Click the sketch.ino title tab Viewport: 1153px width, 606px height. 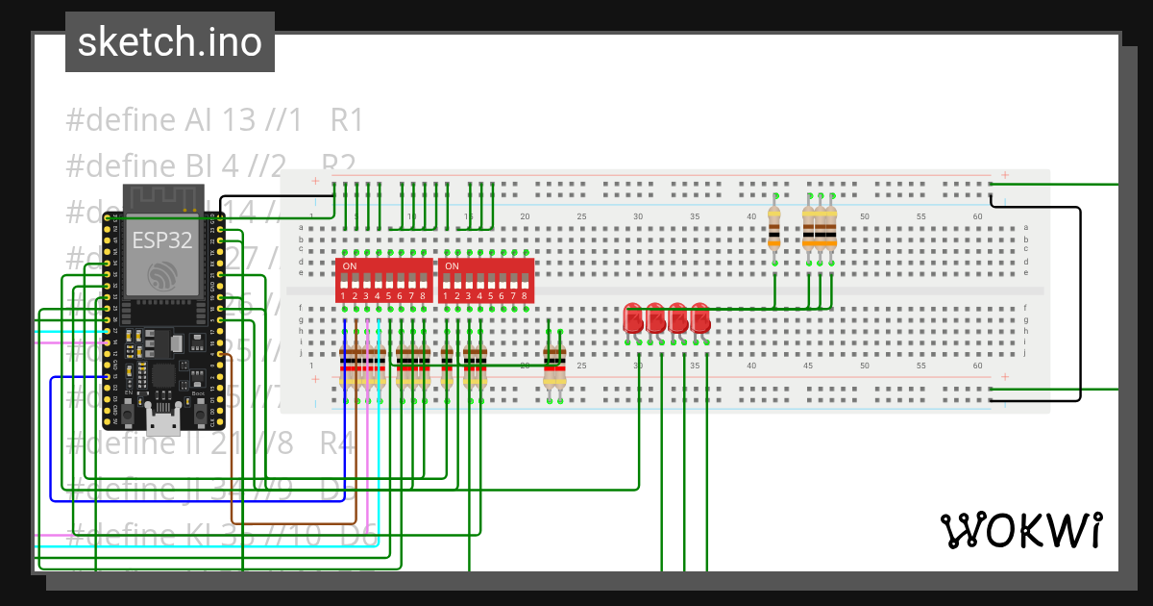coord(170,42)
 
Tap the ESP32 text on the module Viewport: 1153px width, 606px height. coord(162,240)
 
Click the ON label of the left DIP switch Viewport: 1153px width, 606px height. coord(350,265)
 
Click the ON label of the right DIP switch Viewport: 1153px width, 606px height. coord(452,265)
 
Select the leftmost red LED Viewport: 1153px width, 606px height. coord(633,318)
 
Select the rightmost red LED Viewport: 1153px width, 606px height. coord(700,318)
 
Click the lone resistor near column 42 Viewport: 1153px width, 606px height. coord(774,229)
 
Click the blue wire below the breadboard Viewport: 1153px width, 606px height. coord(192,500)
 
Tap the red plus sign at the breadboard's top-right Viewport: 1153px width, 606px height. coord(1004,175)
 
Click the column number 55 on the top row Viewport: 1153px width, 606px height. coord(920,217)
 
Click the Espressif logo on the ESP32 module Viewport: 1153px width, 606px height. coord(162,277)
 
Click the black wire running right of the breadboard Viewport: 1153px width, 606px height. coord(1081,298)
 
